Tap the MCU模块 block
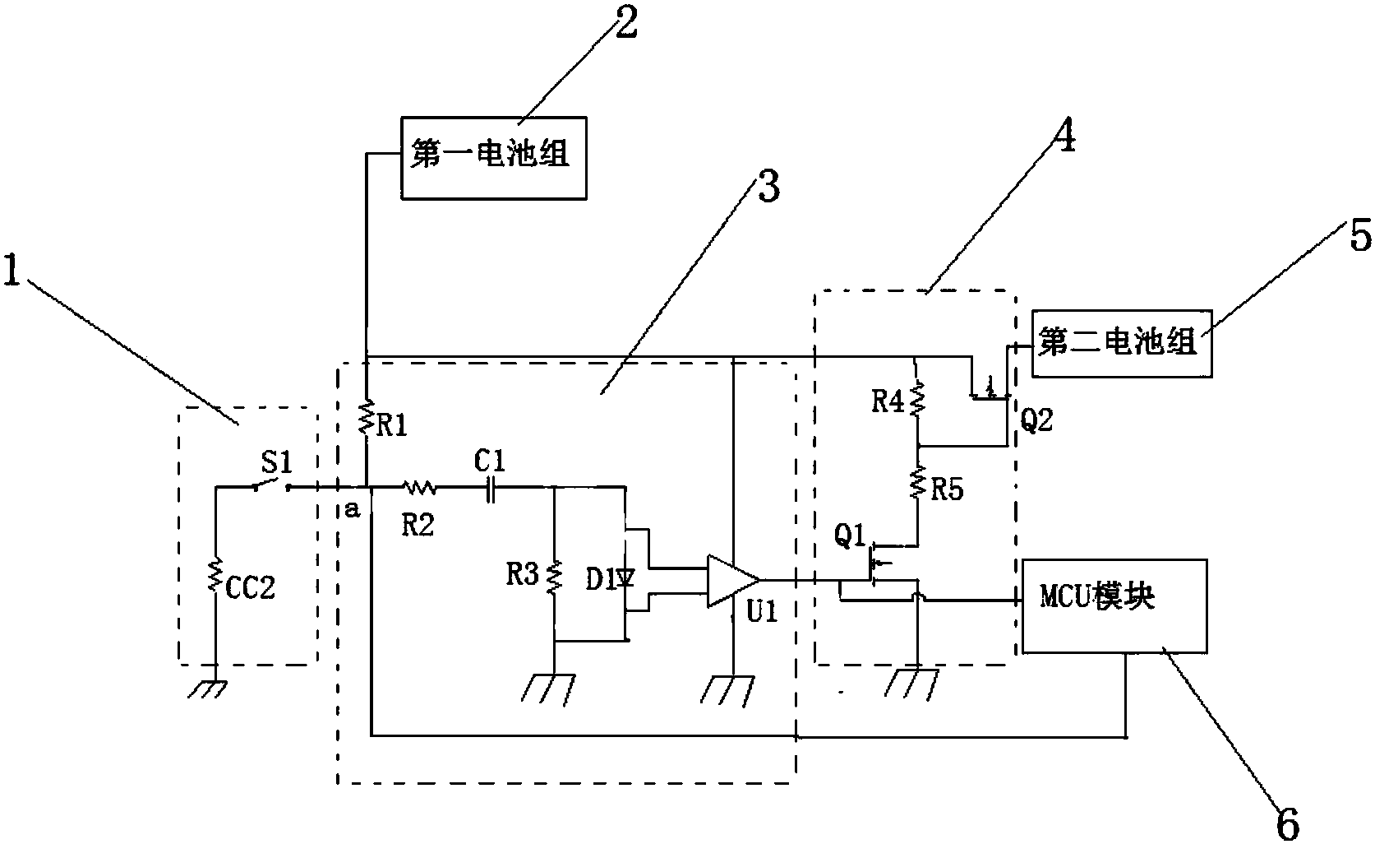pyautogui.click(x=1114, y=605)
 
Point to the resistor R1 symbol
pyautogui.click(x=367, y=416)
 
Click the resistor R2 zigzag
pyautogui.click(x=420, y=489)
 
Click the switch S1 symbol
pyautogui.click(x=272, y=487)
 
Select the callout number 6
pyautogui.click(x=1288, y=823)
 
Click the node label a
pyautogui.click(x=351, y=511)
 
